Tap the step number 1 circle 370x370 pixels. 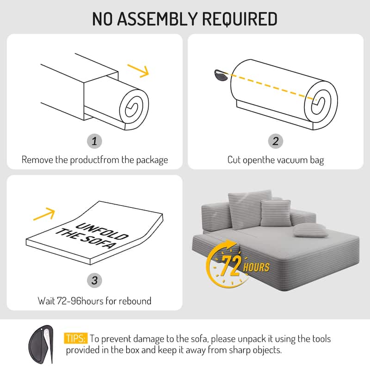[x=94, y=141]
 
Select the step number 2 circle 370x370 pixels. [x=276, y=141]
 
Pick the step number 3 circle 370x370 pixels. [x=94, y=280]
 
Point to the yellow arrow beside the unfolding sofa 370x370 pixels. [x=45, y=214]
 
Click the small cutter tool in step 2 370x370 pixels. [x=221, y=74]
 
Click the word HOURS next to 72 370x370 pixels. [x=257, y=267]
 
